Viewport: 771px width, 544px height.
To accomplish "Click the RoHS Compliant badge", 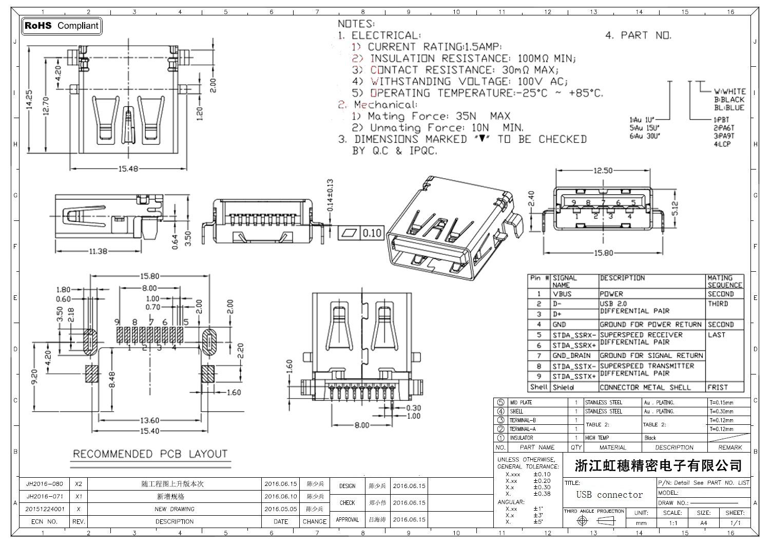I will point(62,26).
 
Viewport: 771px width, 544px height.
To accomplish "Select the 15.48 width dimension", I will point(128,168).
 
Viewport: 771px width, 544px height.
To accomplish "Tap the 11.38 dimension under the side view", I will point(98,251).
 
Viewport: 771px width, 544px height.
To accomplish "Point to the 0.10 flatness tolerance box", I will point(372,233).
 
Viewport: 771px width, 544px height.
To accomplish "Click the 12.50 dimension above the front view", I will point(603,171).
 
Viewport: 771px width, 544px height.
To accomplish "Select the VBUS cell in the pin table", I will point(562,294).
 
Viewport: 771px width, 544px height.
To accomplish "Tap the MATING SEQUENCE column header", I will point(725,282).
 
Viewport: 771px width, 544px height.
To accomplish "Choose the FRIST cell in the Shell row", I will point(718,387).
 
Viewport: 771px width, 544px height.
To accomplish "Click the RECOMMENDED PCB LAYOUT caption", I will point(150,454).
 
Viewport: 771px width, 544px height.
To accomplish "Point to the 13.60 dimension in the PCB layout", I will point(149,421).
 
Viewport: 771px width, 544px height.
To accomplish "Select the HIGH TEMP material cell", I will point(597,438).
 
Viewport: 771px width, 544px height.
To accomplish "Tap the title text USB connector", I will point(609,495).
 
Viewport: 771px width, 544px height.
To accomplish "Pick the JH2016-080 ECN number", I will point(45,484).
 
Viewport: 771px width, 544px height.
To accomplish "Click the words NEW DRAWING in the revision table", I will point(175,509).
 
